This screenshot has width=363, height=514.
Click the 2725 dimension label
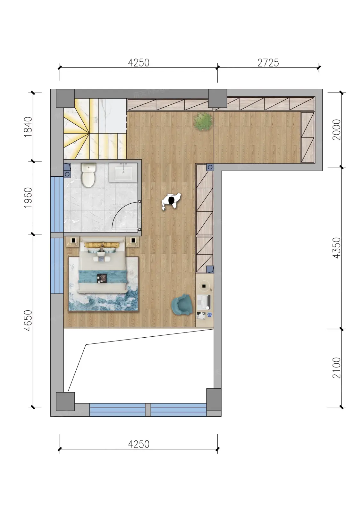pyautogui.click(x=268, y=63)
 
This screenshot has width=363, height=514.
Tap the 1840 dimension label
pyautogui.click(x=28, y=127)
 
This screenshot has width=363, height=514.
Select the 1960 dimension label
pyautogui.click(x=28, y=198)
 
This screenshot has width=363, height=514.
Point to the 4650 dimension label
pyautogui.click(x=28, y=320)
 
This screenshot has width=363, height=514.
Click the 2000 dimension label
pyautogui.click(x=337, y=130)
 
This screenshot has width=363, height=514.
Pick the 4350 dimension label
pyautogui.click(x=337, y=248)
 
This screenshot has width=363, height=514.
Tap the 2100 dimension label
pyautogui.click(x=337, y=368)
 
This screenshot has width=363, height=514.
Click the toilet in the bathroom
pyautogui.click(x=88, y=175)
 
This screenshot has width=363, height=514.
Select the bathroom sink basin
pyautogui.click(x=123, y=173)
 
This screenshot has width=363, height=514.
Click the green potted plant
pyautogui.click(x=203, y=122)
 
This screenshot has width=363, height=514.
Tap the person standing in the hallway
pyautogui.click(x=171, y=201)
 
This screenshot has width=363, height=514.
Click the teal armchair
pyautogui.click(x=181, y=305)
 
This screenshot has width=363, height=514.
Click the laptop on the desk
pyautogui.click(x=204, y=302)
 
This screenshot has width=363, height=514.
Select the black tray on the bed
pyautogui.click(x=102, y=278)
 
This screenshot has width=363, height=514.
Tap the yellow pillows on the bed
pyautogui.click(x=102, y=245)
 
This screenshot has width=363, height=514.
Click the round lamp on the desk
pyautogui.click(x=204, y=286)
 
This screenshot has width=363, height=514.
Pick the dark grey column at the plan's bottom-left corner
pyautogui.click(x=65, y=401)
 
